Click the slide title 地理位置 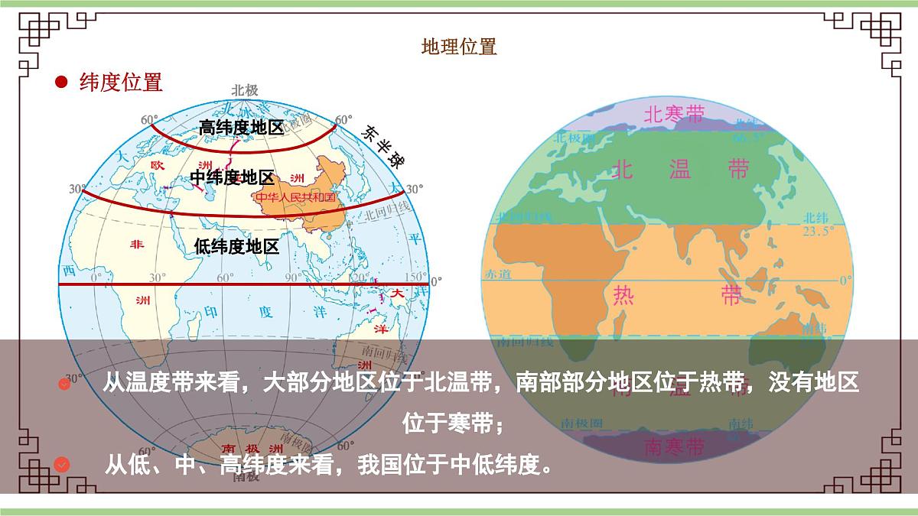[x=459, y=47]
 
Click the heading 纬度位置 [x=121, y=82]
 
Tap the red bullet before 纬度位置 [x=61, y=82]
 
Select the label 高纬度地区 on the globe [x=241, y=128]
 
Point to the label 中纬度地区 [x=232, y=178]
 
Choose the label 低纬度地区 [x=236, y=246]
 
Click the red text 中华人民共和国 [x=295, y=197]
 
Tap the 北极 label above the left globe [x=246, y=90]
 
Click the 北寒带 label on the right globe [x=673, y=115]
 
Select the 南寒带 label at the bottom [x=673, y=446]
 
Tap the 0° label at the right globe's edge [x=845, y=281]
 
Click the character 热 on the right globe [x=625, y=296]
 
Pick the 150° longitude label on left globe [x=415, y=277]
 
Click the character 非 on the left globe [x=137, y=245]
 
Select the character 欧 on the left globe [x=157, y=165]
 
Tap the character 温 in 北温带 [x=679, y=169]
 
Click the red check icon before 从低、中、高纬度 [x=63, y=464]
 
